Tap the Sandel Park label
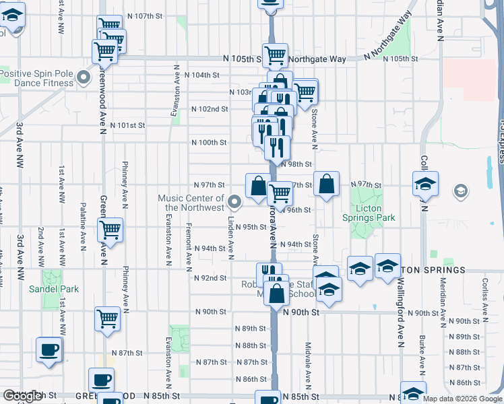(54, 289)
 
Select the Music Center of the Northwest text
(191, 203)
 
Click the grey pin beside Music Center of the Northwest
(234, 201)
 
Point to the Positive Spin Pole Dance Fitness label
(36, 78)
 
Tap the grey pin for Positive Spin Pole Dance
(84, 78)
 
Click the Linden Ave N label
(230, 238)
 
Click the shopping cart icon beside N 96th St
(279, 194)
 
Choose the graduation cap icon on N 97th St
(425, 183)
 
